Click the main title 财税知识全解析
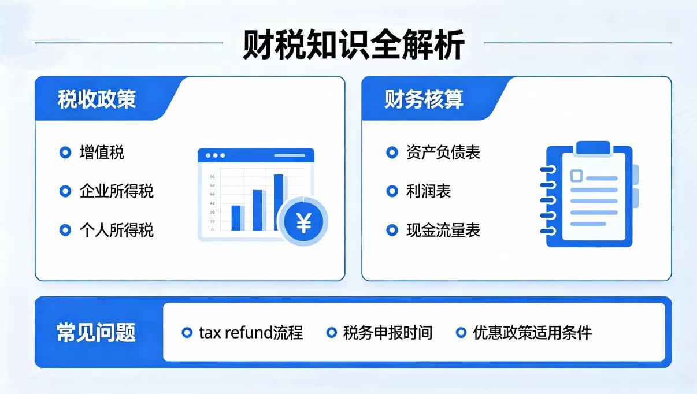[353, 44]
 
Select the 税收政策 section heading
[97, 99]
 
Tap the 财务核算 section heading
[424, 99]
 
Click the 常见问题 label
[96, 332]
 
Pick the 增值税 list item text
[102, 153]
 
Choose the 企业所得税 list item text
[116, 191]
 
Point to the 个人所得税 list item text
[116, 231]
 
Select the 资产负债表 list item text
[443, 153]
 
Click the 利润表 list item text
[428, 191]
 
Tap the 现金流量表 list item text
[443, 231]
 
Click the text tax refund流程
[251, 333]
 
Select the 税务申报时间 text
[388, 333]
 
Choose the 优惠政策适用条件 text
[532, 333]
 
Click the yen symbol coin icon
[303, 222]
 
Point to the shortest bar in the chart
[236, 218]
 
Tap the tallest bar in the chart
[279, 202]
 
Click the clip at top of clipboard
[593, 148]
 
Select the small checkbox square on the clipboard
[576, 176]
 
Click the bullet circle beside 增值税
[65, 153]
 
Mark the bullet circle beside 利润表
[392, 191]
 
